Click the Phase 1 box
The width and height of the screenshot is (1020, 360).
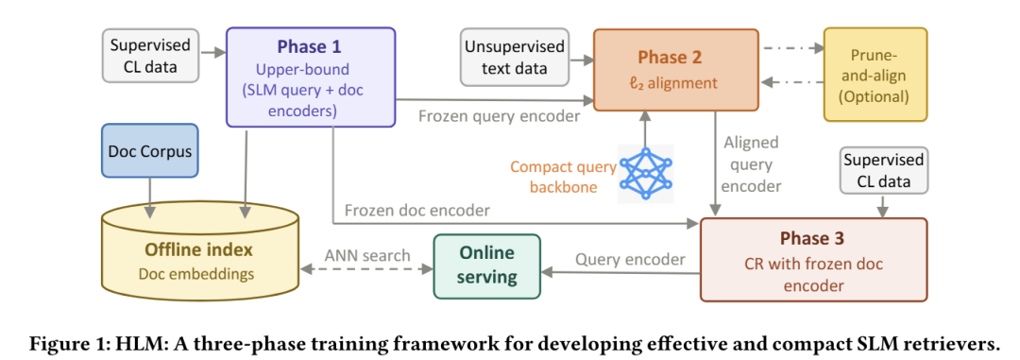pos(311,77)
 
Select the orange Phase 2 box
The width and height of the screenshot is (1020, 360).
pos(676,70)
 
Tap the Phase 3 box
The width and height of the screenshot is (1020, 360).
pos(813,260)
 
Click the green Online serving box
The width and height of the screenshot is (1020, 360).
pos(487,266)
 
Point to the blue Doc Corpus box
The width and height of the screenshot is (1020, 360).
pos(150,150)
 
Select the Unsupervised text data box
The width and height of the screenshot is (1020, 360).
pos(514,57)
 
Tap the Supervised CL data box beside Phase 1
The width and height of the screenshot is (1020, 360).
pos(150,56)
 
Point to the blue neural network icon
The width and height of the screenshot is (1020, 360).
pos(646,174)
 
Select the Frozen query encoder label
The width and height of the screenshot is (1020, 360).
pos(499,117)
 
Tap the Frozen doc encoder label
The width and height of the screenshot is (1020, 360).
pos(417,211)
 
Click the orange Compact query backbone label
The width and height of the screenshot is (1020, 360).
pos(563,177)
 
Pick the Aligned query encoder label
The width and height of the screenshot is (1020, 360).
pos(751,163)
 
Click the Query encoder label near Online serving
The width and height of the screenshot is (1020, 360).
pos(630,259)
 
